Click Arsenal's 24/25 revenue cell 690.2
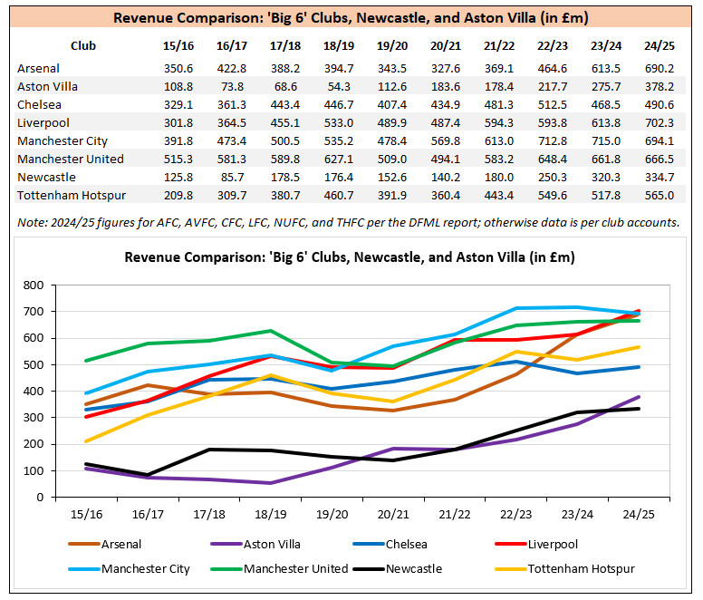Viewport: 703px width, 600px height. [x=659, y=68]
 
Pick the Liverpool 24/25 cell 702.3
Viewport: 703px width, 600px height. [x=659, y=122]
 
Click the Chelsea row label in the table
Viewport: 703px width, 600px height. [x=39, y=104]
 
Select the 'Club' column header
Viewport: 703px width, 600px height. [x=82, y=45]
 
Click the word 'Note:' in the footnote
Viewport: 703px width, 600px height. [x=32, y=223]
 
